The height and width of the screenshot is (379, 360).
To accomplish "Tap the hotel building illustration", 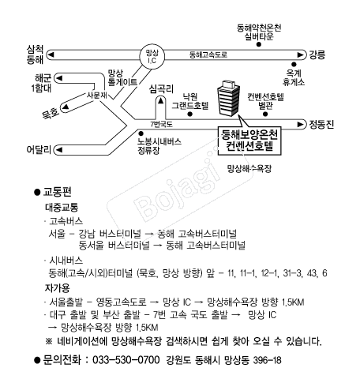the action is (x=228, y=98).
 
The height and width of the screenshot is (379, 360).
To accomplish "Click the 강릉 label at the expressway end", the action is (x=317, y=54).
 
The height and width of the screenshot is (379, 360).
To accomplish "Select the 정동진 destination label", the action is (x=321, y=124).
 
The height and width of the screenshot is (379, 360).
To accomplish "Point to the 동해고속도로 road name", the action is (x=208, y=54).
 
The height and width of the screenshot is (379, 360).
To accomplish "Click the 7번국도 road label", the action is (x=161, y=124).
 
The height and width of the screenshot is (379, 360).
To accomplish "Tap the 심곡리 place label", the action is (x=161, y=89).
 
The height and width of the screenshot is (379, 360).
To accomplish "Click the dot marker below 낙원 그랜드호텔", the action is (x=190, y=114).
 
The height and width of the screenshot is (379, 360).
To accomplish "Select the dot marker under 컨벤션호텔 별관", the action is (x=265, y=114).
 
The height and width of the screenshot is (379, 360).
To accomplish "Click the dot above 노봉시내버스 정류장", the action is (x=141, y=133).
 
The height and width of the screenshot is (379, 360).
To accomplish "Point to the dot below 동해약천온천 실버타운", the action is (x=259, y=44).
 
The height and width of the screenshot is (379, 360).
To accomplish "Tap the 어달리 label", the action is (x=39, y=150).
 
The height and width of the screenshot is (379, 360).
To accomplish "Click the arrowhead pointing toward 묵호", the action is (x=65, y=107).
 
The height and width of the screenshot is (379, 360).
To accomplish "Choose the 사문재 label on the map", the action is (x=97, y=95).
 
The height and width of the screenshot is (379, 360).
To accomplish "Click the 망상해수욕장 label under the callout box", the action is (x=249, y=169).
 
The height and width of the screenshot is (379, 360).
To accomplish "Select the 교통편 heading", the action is (x=57, y=192).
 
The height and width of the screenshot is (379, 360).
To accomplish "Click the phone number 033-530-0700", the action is (x=126, y=359).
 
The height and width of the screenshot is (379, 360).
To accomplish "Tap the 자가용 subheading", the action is (x=57, y=287).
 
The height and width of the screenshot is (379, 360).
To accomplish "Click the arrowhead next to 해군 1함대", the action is (x=59, y=78).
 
